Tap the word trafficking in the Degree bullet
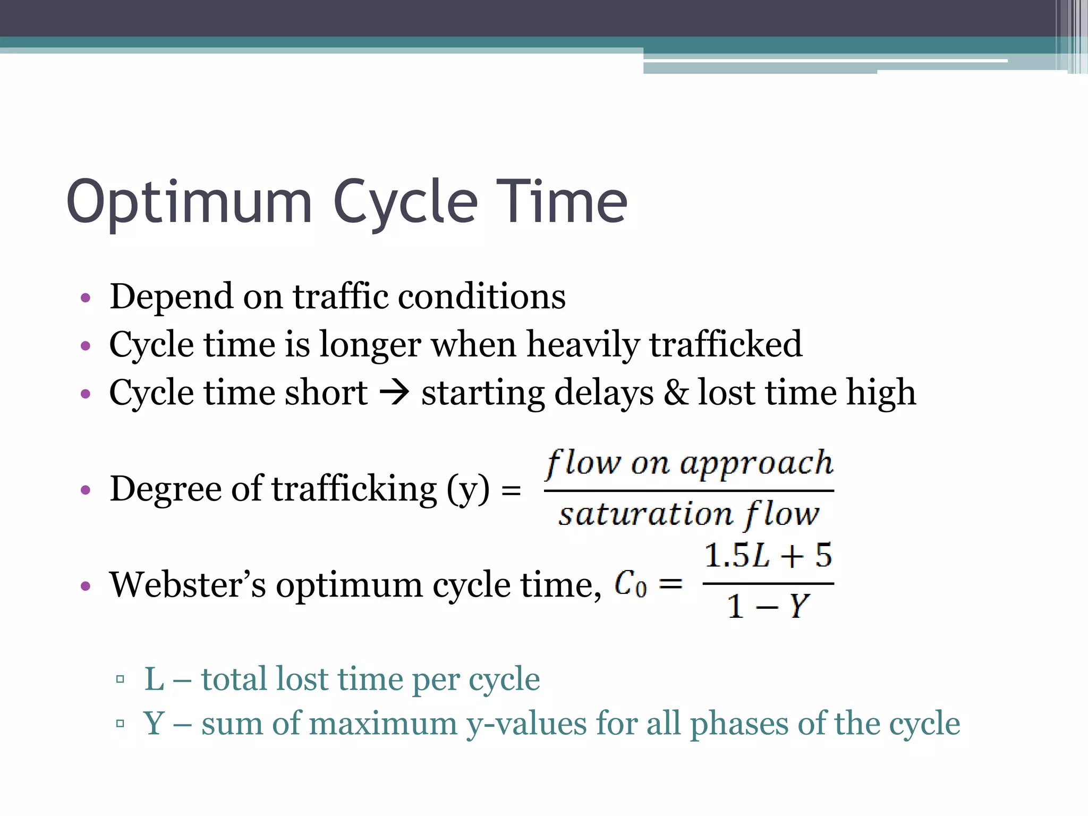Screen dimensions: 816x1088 (354, 489)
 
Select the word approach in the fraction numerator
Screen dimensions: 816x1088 (756, 464)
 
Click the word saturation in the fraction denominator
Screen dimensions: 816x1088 (645, 514)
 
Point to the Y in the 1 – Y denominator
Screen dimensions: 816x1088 (798, 606)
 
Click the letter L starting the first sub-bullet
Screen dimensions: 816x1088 (154, 679)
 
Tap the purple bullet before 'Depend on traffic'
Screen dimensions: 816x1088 (86, 298)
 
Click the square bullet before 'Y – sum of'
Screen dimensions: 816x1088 (120, 723)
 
